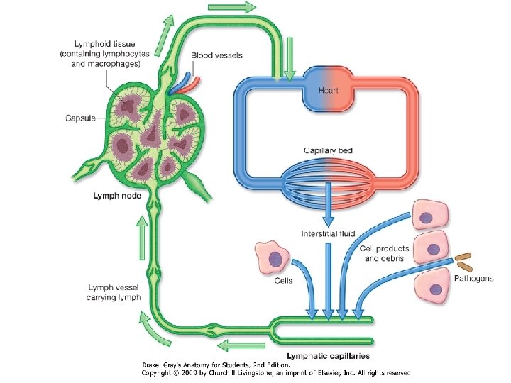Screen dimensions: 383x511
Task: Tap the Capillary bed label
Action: (x=327, y=150)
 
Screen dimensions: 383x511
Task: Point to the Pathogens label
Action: (x=473, y=278)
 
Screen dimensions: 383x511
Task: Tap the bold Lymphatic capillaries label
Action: (x=326, y=355)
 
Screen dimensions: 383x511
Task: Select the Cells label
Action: (x=283, y=280)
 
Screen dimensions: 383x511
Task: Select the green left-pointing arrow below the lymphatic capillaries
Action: (x=233, y=346)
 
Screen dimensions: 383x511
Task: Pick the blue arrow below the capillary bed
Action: (x=327, y=203)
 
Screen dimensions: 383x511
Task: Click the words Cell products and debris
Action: (x=382, y=253)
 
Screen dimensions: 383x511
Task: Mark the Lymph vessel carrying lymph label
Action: (x=114, y=292)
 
